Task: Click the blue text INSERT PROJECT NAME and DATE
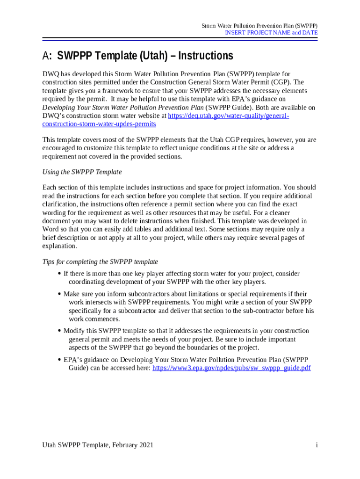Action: click(x=271, y=33)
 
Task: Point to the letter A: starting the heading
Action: click(x=47, y=56)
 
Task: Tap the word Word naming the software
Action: click(x=50, y=229)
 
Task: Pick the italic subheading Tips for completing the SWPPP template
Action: click(x=100, y=261)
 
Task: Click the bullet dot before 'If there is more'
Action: click(x=59, y=274)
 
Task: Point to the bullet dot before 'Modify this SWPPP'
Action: click(x=59, y=331)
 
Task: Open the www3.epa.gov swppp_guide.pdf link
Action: click(x=231, y=368)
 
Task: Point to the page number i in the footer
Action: click(x=317, y=445)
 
